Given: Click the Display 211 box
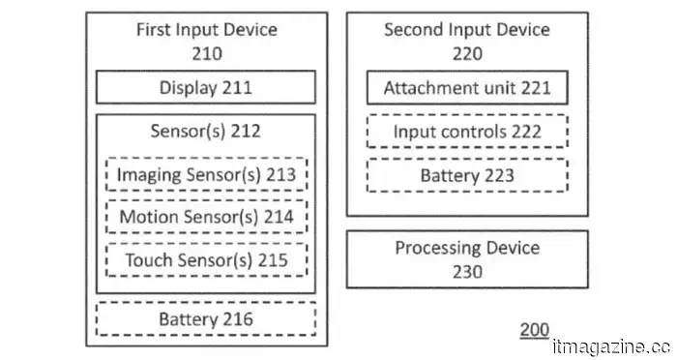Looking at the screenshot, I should (205, 88).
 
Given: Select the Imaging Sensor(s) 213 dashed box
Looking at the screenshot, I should (206, 175).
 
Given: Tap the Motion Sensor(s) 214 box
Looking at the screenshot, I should (206, 217).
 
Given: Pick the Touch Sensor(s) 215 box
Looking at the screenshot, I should (206, 259).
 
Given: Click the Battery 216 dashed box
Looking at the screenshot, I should (206, 318).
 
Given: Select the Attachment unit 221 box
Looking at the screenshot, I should (467, 88).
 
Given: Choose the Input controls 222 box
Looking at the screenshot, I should (467, 132).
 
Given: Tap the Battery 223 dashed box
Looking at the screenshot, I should (467, 175).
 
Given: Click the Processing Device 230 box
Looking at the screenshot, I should (467, 259).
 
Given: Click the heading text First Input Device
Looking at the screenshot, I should (206, 29).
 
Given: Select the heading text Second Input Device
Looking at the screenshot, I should (467, 29).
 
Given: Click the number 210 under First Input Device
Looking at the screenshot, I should (206, 53).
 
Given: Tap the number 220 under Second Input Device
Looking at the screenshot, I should (467, 53).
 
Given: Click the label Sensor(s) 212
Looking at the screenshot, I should (206, 131).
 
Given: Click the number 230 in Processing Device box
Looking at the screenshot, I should (467, 272).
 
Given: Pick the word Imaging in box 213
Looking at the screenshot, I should (147, 175).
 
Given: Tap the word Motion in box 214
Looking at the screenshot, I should (148, 217).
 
